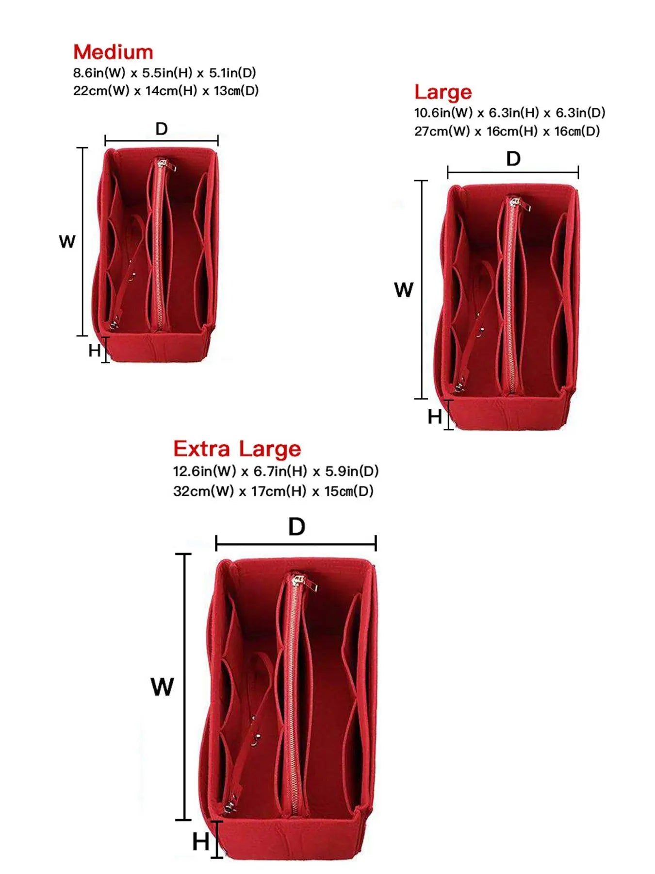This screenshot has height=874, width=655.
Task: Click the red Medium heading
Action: [113, 52]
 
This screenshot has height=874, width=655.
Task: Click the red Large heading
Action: [443, 92]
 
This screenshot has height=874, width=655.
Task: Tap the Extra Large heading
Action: [237, 449]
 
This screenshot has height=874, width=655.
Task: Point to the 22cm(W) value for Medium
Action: [101, 91]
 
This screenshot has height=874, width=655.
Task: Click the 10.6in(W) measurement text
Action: [443, 113]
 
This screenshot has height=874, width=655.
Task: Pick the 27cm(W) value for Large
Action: [442, 131]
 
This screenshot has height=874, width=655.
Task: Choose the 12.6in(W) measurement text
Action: [204, 471]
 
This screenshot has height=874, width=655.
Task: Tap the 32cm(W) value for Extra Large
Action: [203, 491]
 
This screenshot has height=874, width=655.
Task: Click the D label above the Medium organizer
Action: [162, 129]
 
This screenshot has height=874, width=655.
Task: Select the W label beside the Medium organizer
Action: [67, 241]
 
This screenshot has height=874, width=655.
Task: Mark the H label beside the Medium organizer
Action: [95, 350]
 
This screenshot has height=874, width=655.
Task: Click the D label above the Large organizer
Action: [513, 159]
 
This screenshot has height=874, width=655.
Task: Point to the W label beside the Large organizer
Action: [404, 290]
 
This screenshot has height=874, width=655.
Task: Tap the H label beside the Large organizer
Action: [435, 417]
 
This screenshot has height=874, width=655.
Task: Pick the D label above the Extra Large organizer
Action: [296, 526]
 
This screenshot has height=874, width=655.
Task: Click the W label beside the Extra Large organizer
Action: [162, 687]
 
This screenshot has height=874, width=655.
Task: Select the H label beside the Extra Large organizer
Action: [201, 841]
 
